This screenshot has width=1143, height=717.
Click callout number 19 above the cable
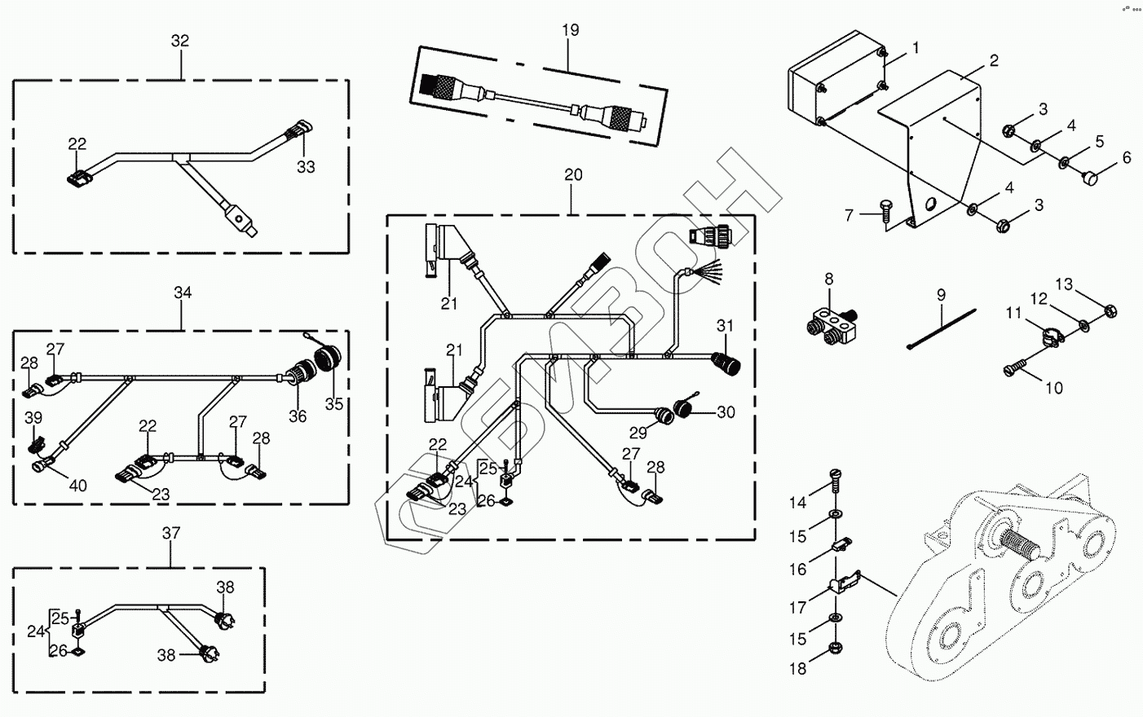[570, 30]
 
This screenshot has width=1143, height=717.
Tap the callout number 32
[180, 41]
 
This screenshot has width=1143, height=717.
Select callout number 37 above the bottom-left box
[171, 533]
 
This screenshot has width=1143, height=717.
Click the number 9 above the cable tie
[941, 294]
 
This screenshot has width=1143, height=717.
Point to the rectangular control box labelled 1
[836, 81]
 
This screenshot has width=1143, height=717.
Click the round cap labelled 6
[1091, 175]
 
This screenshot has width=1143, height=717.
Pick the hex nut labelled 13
[1110, 310]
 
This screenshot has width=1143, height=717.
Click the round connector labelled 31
[725, 362]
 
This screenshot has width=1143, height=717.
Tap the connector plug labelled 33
[298, 132]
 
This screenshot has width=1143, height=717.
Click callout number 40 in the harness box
[77, 486]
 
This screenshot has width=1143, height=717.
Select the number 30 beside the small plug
[726, 412]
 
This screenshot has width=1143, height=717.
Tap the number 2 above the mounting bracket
[994, 60]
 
